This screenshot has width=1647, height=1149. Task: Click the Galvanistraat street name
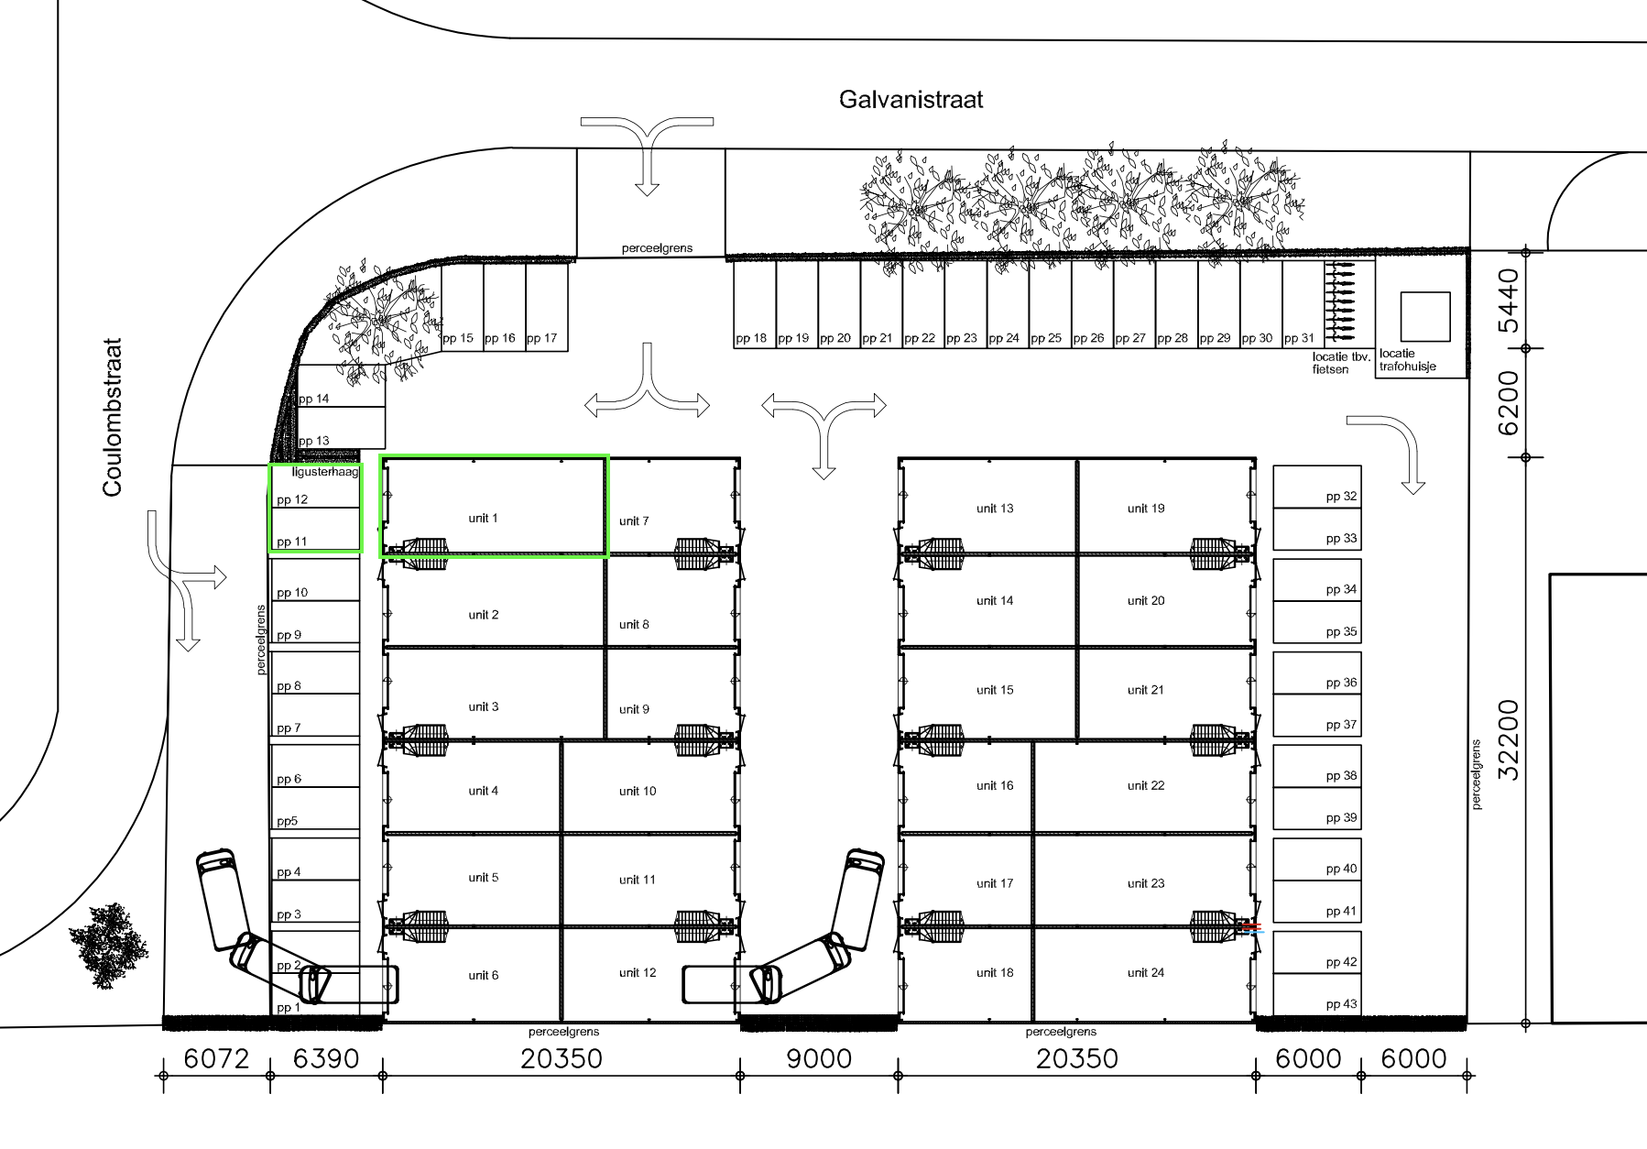pyautogui.click(x=911, y=99)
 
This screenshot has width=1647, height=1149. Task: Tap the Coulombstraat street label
pyautogui.click(x=113, y=419)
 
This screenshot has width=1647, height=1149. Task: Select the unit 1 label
pyautogui.click(x=483, y=519)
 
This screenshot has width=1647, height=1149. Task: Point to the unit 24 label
pyautogui.click(x=1146, y=973)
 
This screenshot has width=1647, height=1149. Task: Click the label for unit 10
pyautogui.click(x=638, y=792)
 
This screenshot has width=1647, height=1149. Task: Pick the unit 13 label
pyautogui.click(x=995, y=509)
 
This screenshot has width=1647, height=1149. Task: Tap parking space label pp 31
pyautogui.click(x=1299, y=338)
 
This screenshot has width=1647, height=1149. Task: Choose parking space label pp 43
pyautogui.click(x=1342, y=1005)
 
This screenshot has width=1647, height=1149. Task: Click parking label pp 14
pyautogui.click(x=314, y=399)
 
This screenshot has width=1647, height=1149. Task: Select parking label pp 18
pyautogui.click(x=751, y=338)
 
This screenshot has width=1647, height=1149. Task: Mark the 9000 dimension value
pyautogui.click(x=819, y=1059)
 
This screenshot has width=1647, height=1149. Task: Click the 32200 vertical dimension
pyautogui.click(x=1508, y=739)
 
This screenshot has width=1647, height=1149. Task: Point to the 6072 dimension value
pyautogui.click(x=217, y=1059)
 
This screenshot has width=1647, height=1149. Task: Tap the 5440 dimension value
pyautogui.click(x=1508, y=301)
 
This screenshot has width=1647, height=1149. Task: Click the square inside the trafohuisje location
pyautogui.click(x=1425, y=317)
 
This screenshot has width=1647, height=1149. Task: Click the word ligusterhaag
pyautogui.click(x=325, y=473)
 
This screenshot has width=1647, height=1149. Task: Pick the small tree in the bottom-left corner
pyautogui.click(x=108, y=946)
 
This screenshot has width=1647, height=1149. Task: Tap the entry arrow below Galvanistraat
pyautogui.click(x=648, y=156)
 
